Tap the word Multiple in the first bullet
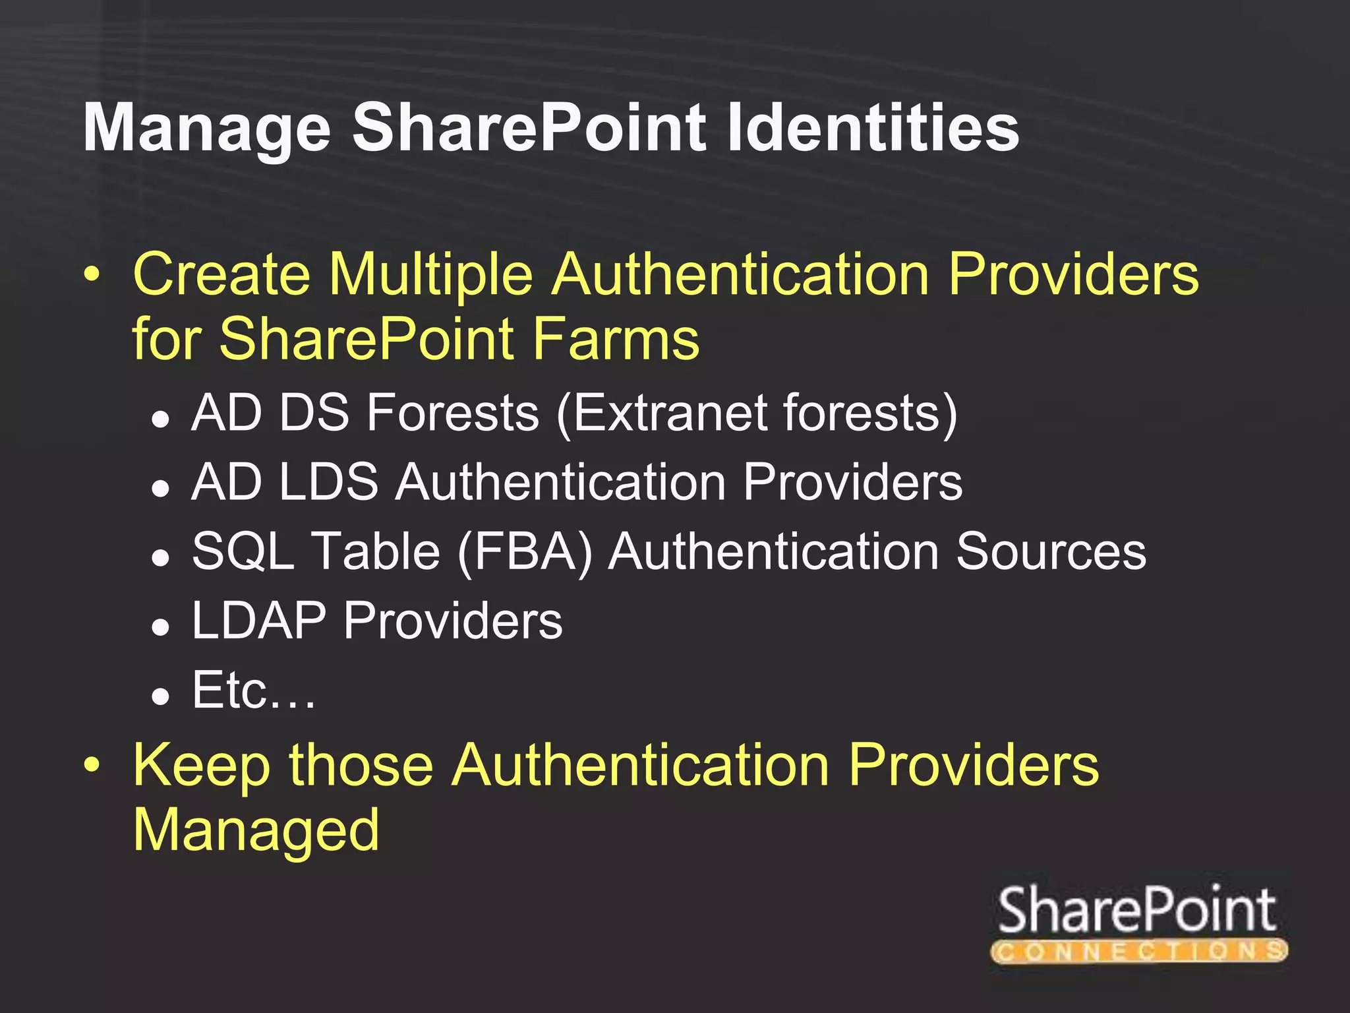click(x=431, y=274)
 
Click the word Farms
click(x=616, y=339)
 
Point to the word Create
click(x=221, y=274)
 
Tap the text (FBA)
click(x=525, y=553)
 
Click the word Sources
click(x=1051, y=551)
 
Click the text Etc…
click(x=254, y=691)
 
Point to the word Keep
click(x=202, y=766)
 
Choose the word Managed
click(x=256, y=831)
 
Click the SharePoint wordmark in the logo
click(x=1137, y=909)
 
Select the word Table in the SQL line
click(x=375, y=551)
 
